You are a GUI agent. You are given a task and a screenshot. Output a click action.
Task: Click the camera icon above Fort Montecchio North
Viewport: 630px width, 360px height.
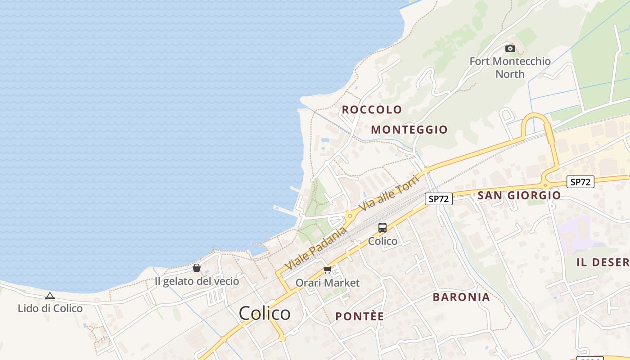[510, 48]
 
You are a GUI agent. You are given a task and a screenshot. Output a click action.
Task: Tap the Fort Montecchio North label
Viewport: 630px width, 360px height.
[510, 67]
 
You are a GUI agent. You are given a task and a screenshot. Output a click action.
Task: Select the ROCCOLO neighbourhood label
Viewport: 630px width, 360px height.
[372, 109]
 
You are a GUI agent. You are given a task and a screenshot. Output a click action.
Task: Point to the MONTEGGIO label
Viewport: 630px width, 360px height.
[409, 130]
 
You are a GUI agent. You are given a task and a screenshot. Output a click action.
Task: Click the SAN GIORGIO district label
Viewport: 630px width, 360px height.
[519, 195]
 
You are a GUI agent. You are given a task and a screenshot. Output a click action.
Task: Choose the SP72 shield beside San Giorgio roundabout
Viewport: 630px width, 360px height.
[580, 182]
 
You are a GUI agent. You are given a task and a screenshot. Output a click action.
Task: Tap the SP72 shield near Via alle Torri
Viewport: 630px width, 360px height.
[438, 198]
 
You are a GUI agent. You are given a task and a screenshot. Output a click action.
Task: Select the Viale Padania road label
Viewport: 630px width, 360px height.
[316, 249]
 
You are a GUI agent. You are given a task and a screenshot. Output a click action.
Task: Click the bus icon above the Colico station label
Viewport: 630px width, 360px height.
[382, 228]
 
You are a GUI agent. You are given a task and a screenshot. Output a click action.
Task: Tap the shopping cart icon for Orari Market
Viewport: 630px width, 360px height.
[328, 270]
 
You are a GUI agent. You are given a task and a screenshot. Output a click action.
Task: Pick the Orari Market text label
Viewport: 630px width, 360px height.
[328, 283]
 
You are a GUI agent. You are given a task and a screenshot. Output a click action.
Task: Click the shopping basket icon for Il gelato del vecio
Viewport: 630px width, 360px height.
[197, 268]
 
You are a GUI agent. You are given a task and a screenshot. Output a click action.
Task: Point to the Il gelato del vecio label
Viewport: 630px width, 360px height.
[197, 281]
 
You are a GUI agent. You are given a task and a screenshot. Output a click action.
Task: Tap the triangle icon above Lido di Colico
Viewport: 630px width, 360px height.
[50, 296]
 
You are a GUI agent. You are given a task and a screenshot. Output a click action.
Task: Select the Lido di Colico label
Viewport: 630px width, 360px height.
[50, 308]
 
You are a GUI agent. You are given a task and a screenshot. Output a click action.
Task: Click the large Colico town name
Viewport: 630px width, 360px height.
[265, 313]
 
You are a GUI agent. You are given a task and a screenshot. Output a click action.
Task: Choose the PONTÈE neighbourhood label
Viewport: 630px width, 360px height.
[360, 316]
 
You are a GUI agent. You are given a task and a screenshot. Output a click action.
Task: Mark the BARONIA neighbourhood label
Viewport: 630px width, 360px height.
[461, 297]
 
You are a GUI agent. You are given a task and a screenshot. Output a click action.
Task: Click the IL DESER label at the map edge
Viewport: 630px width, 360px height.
[603, 262]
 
